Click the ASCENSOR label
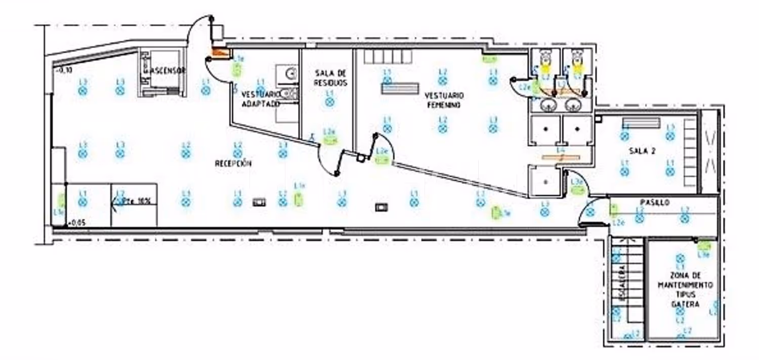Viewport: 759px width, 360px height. click(x=165, y=71)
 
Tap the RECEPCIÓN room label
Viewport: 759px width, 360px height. click(x=233, y=163)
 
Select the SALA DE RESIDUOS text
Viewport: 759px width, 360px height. click(x=330, y=78)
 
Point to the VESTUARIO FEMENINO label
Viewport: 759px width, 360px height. click(x=444, y=100)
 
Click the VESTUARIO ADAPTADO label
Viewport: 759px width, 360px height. click(x=261, y=99)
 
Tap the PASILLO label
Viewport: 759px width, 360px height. click(x=655, y=203)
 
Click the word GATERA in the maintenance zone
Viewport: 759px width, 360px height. click(x=685, y=304)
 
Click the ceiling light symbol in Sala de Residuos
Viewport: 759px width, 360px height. click(x=330, y=102)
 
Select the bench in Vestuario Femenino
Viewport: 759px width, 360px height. click(x=400, y=88)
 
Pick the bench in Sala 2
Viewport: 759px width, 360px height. click(x=642, y=123)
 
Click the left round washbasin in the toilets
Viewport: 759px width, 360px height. click(x=546, y=105)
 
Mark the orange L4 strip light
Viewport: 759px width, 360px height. click(x=561, y=157)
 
